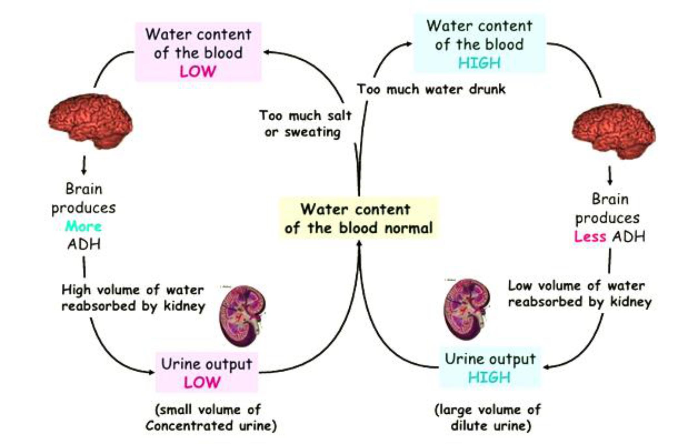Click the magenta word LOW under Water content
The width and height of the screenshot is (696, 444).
click(198, 71)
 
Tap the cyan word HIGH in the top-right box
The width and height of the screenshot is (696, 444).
click(479, 63)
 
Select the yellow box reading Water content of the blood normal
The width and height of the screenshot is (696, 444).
click(358, 218)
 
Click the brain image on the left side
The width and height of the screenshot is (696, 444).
click(91, 120)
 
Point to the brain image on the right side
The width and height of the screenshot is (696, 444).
click(614, 131)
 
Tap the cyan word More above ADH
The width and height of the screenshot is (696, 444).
click(83, 226)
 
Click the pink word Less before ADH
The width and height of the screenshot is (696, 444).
click(590, 236)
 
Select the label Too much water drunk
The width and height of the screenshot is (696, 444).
click(431, 89)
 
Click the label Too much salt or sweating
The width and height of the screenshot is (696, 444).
click(305, 124)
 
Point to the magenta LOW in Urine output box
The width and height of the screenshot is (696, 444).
click(202, 382)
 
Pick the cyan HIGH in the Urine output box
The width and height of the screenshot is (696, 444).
click(489, 377)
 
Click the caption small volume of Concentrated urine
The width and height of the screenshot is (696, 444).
click(211, 418)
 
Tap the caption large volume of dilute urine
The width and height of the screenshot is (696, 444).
click(488, 418)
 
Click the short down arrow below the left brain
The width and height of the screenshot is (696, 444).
click(84, 165)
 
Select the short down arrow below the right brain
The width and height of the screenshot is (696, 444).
click(610, 175)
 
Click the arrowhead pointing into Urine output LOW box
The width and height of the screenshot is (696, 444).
click(151, 372)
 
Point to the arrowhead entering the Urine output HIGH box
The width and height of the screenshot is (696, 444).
click(547, 367)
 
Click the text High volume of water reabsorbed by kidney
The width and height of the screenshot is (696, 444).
click(133, 298)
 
